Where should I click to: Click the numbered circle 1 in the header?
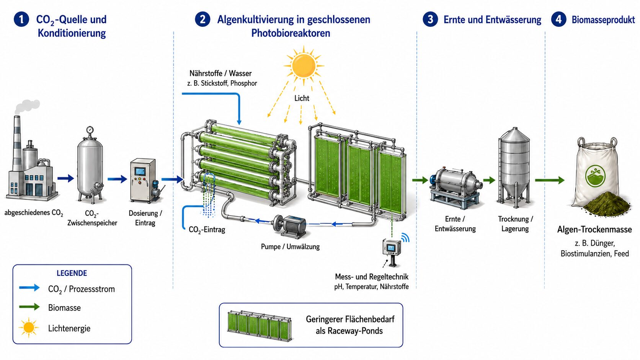[21, 20]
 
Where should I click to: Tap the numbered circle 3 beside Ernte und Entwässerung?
[430, 20]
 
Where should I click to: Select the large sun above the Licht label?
[304, 66]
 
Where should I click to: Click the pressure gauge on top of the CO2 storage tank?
[90, 130]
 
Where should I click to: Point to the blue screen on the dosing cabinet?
[140, 171]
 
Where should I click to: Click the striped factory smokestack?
[17, 143]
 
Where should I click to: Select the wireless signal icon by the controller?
[405, 237]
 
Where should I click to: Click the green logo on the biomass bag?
[596, 176]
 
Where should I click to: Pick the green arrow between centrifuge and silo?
[489, 180]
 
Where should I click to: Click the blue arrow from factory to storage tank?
[66, 178]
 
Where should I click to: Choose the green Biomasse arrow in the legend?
[29, 307]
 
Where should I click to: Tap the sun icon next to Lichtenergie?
[29, 327]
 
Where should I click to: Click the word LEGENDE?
[72, 273]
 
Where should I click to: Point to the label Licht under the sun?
[302, 98]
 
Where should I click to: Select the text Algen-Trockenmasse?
[594, 230]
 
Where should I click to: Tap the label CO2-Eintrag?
[207, 230]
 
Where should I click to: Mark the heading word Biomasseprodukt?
[603, 20]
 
